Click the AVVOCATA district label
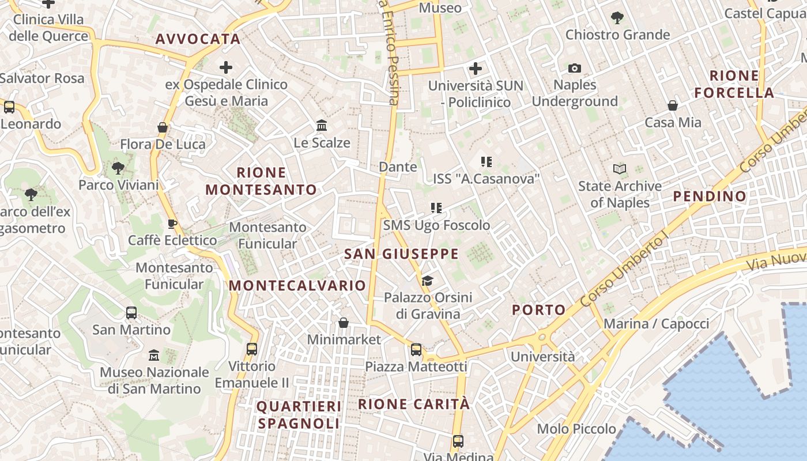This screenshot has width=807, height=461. [x=198, y=39]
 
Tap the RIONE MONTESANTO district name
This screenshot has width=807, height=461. [x=261, y=181]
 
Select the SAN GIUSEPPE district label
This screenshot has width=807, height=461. [x=401, y=254]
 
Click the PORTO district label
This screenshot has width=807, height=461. [x=539, y=310]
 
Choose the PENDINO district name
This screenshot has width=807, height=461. [x=710, y=197]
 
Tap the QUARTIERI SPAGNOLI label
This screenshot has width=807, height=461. [x=299, y=415]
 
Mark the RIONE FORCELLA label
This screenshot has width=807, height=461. [x=734, y=84]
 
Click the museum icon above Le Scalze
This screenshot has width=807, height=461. [x=322, y=125]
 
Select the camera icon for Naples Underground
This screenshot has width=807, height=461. [x=574, y=69]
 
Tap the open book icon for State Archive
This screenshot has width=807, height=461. [x=620, y=169]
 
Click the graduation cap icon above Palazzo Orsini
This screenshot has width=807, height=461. [x=427, y=281]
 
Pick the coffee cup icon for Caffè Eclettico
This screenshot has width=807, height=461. [x=172, y=224]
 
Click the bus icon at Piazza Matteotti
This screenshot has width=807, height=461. [x=416, y=350]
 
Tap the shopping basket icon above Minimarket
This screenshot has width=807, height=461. [x=344, y=323]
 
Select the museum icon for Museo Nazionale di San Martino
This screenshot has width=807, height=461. [x=154, y=355]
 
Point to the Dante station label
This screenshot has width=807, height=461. [x=398, y=167]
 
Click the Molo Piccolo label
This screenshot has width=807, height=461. [x=576, y=429]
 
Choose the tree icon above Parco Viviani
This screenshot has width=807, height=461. [x=118, y=168]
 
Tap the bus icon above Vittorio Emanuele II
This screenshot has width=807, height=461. [x=252, y=349]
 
